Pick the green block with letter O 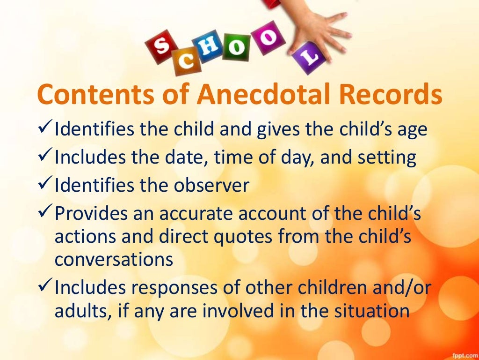click(237, 48)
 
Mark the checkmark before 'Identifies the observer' click(44, 186)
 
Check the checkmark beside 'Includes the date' click(44, 157)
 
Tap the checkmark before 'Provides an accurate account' click(44, 214)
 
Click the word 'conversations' click(114, 259)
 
